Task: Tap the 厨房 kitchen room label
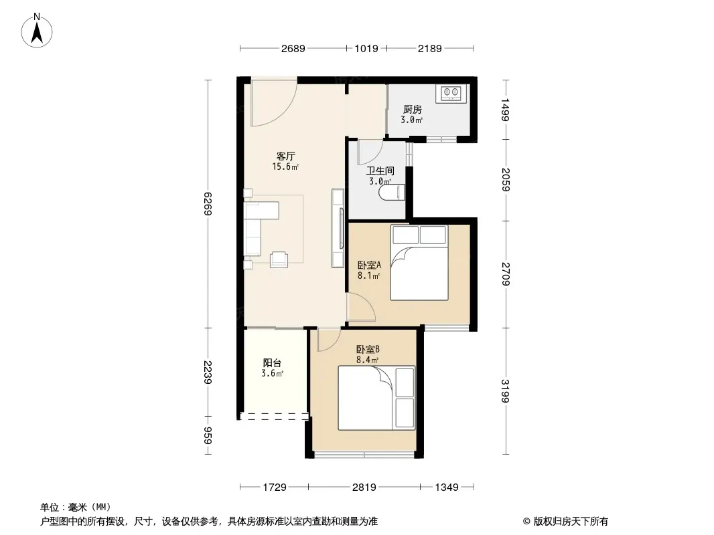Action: [x=412, y=110]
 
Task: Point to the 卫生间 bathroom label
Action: [x=380, y=171]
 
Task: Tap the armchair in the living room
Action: [x=279, y=259]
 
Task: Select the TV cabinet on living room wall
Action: [x=338, y=228]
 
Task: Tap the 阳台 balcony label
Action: [x=272, y=363]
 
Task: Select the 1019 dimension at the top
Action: [x=366, y=48]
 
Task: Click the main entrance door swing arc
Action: [x=275, y=107]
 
